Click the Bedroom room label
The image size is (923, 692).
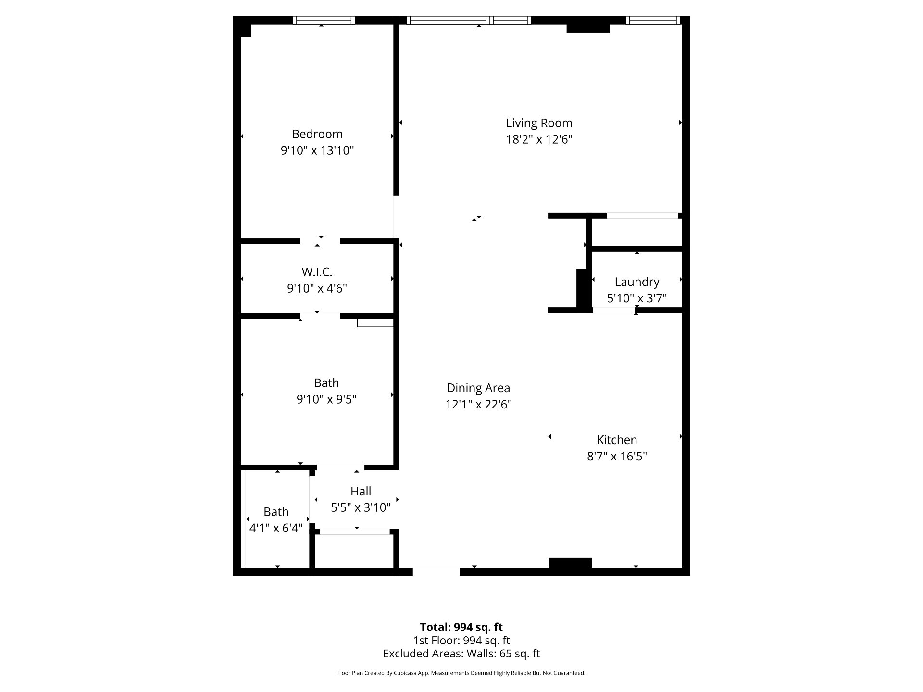click(x=317, y=134)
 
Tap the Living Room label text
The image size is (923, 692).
click(x=539, y=123)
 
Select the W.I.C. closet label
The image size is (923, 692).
click(x=317, y=272)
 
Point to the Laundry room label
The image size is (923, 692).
click(x=637, y=282)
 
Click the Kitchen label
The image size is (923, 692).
click(x=617, y=440)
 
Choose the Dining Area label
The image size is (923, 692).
click(x=478, y=388)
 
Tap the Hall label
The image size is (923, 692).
click(x=361, y=491)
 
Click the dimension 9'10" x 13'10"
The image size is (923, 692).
click(x=317, y=151)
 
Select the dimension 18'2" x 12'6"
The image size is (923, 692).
click(x=539, y=139)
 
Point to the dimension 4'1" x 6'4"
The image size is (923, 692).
click(x=276, y=528)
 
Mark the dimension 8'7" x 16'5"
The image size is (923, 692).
click(x=617, y=456)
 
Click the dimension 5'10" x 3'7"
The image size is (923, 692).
click(x=637, y=298)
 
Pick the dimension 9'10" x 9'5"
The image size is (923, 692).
click(x=326, y=399)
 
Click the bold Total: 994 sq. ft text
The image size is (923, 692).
click(x=461, y=627)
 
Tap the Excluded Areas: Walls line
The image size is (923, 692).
click(x=461, y=654)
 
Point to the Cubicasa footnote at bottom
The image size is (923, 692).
click(x=461, y=673)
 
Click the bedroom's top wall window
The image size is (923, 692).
click(x=324, y=20)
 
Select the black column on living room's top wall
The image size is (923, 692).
click(x=588, y=28)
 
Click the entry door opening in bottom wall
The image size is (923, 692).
click(x=436, y=572)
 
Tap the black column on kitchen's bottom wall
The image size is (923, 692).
click(x=570, y=563)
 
